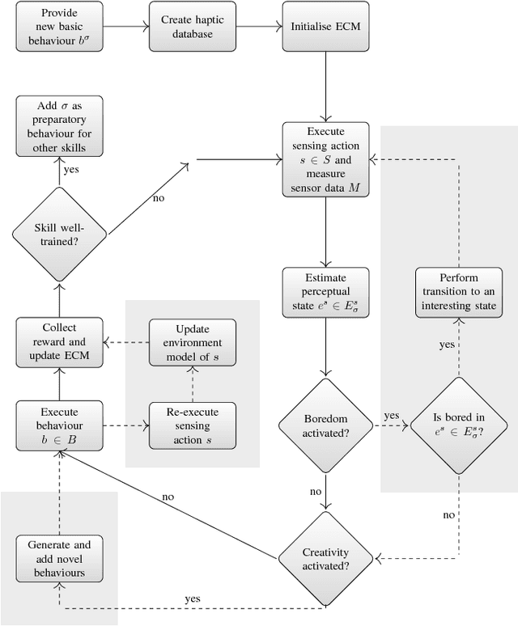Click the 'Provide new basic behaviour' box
click(x=59, y=27)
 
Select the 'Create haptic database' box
click(x=192, y=27)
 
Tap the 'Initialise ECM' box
click(x=325, y=27)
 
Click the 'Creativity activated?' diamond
click(x=325, y=557)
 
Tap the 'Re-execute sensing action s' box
click(x=192, y=425)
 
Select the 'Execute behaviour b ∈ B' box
click(x=59, y=425)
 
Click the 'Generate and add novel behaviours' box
click(x=59, y=558)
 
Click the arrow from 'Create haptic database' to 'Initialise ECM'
click(x=258, y=27)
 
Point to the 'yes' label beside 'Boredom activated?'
click(x=392, y=415)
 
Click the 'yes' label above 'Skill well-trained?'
click(x=71, y=171)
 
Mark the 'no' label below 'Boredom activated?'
click(x=316, y=491)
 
